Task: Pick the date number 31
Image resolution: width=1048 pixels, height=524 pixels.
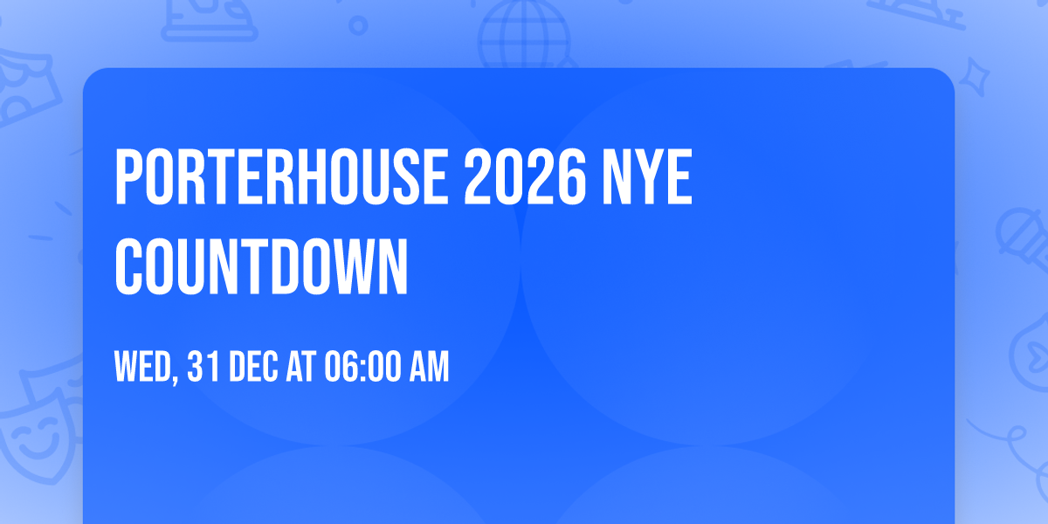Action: click(203, 368)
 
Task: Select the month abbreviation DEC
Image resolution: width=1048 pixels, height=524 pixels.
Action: click(253, 368)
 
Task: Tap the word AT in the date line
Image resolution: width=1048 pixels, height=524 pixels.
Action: click(301, 368)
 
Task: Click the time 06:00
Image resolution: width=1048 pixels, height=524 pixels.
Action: click(362, 368)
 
